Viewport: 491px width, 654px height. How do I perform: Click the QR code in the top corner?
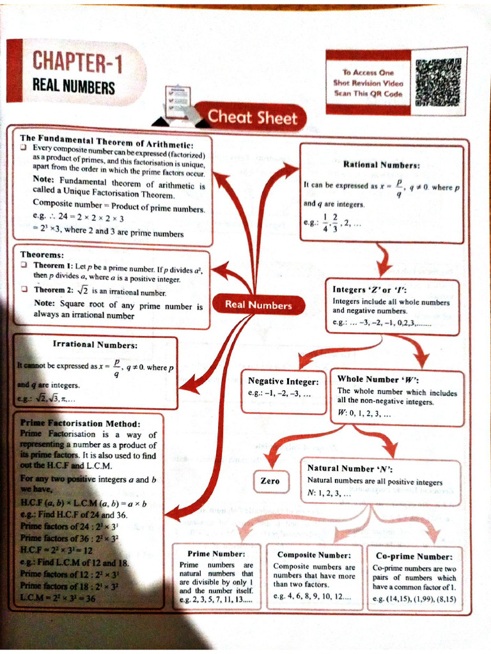pyautogui.click(x=438, y=82)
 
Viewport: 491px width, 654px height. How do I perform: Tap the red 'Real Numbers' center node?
pyautogui.click(x=258, y=305)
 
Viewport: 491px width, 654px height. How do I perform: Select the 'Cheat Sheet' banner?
pyautogui.click(x=252, y=118)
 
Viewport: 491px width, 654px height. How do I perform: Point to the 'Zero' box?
pyautogui.click(x=270, y=480)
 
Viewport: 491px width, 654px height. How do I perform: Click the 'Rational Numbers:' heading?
pyautogui.click(x=381, y=164)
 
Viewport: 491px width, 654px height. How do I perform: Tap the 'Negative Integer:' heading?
pyautogui.click(x=283, y=381)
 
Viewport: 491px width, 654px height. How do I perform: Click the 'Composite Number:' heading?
pyautogui.click(x=314, y=555)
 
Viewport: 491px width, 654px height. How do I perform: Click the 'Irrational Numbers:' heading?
pyautogui.click(x=95, y=345)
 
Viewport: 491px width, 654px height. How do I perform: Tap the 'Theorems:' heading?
pyautogui.click(x=42, y=254)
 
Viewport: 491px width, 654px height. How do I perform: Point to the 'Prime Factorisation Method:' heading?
pyautogui.click(x=80, y=423)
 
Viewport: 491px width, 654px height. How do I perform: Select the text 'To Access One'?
pyautogui.click(x=368, y=73)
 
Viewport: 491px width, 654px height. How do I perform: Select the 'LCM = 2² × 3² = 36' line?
pyautogui.click(x=58, y=598)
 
